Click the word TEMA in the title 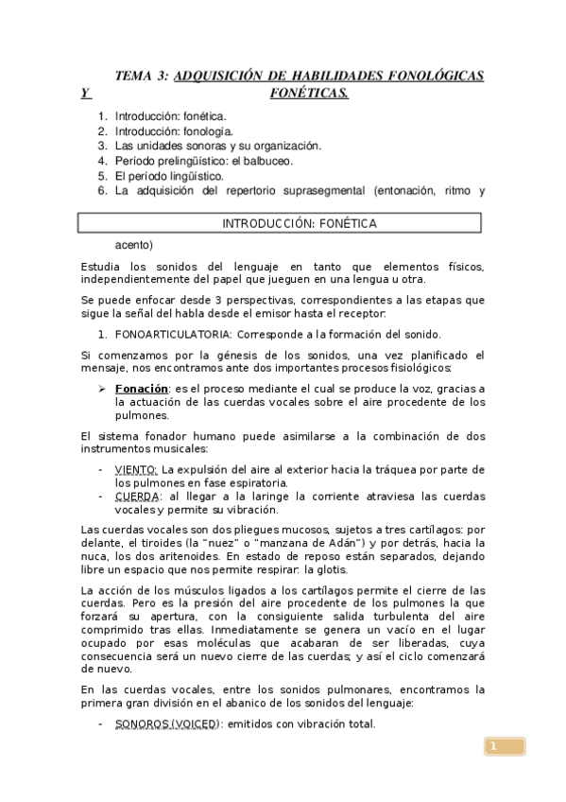click(132, 75)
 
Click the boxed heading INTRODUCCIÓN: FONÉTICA click(299, 223)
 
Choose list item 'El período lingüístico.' click(169, 176)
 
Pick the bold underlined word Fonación click(142, 389)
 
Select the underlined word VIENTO click(136, 470)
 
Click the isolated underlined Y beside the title click(86, 93)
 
